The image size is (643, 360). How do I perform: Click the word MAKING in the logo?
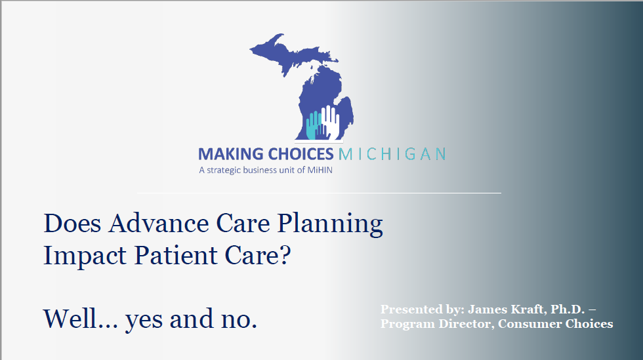pyautogui.click(x=231, y=154)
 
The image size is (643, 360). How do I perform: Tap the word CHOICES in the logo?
pyautogui.click(x=301, y=154)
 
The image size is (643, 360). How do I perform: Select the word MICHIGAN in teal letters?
pyautogui.click(x=392, y=154)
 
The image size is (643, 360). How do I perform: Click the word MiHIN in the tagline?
pyautogui.click(x=320, y=170)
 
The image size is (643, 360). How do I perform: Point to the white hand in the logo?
pyautogui.click(x=330, y=122)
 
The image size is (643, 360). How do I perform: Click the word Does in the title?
pyautogui.click(x=72, y=224)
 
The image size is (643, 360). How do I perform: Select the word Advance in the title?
pyautogui.click(x=159, y=224)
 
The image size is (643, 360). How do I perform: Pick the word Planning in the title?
pyautogui.click(x=330, y=225)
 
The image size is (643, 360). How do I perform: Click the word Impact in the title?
pyautogui.click(x=85, y=256)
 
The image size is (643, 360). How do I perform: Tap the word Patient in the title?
pyautogui.click(x=176, y=255)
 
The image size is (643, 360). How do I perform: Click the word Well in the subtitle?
pyautogui.click(x=70, y=319)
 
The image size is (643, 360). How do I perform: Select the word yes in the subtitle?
pyautogui.click(x=144, y=321)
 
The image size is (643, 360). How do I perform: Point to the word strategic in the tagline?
pyautogui.click(x=224, y=170)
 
